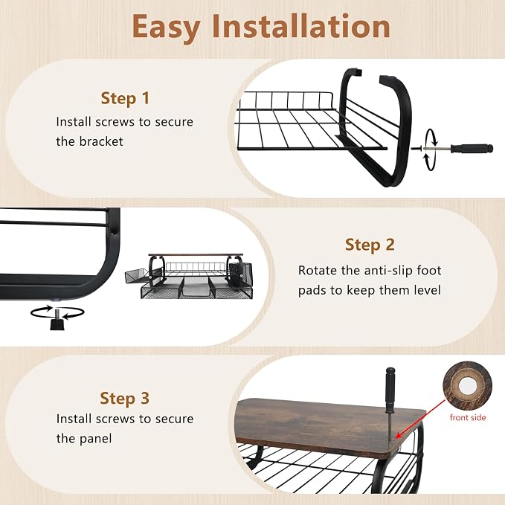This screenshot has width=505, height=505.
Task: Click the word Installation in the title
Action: (301, 26)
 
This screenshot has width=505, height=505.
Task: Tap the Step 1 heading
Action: (125, 98)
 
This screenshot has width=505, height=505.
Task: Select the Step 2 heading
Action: (370, 245)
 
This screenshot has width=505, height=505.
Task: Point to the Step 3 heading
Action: (125, 398)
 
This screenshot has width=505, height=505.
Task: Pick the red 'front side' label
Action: (468, 417)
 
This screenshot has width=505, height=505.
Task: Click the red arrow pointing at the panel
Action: (420, 419)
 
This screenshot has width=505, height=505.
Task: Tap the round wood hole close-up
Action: (467, 385)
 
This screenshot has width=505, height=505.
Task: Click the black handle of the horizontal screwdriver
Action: (472, 149)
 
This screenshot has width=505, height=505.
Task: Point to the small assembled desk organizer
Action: (189, 276)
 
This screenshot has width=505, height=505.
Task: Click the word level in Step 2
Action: (428, 290)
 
